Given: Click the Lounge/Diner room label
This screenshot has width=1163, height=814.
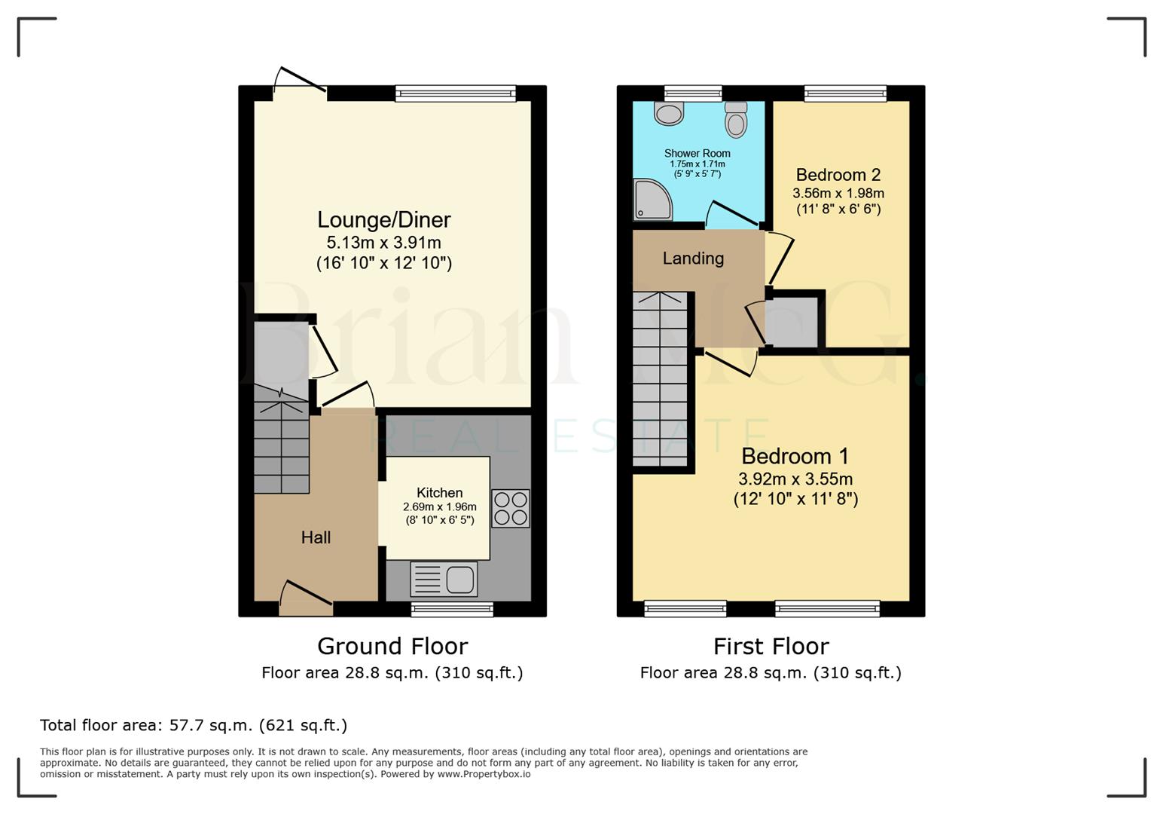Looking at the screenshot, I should [383, 220].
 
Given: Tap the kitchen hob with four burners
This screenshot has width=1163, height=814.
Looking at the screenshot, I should [511, 508].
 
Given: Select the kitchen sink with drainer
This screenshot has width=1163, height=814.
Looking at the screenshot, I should [444, 580].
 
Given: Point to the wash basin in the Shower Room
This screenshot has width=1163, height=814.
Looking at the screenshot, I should [668, 114].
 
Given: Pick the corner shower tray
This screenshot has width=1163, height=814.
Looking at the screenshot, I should [651, 199].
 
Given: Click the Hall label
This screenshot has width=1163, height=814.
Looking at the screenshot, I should [316, 537].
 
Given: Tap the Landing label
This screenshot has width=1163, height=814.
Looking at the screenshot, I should [693, 259].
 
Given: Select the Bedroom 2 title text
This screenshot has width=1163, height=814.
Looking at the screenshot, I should [838, 175].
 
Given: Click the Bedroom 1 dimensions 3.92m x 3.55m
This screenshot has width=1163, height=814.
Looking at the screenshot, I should [795, 479].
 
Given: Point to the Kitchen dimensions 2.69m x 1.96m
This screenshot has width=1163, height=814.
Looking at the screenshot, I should [439, 507].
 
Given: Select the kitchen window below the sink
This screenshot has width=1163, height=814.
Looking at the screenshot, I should [452, 609].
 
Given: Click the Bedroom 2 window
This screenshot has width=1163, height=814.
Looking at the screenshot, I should [845, 93].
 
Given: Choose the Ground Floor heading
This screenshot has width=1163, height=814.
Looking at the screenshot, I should [392, 646].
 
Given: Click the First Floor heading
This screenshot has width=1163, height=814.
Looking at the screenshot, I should [771, 646].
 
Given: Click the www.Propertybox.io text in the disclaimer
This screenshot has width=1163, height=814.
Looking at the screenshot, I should [484, 774].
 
